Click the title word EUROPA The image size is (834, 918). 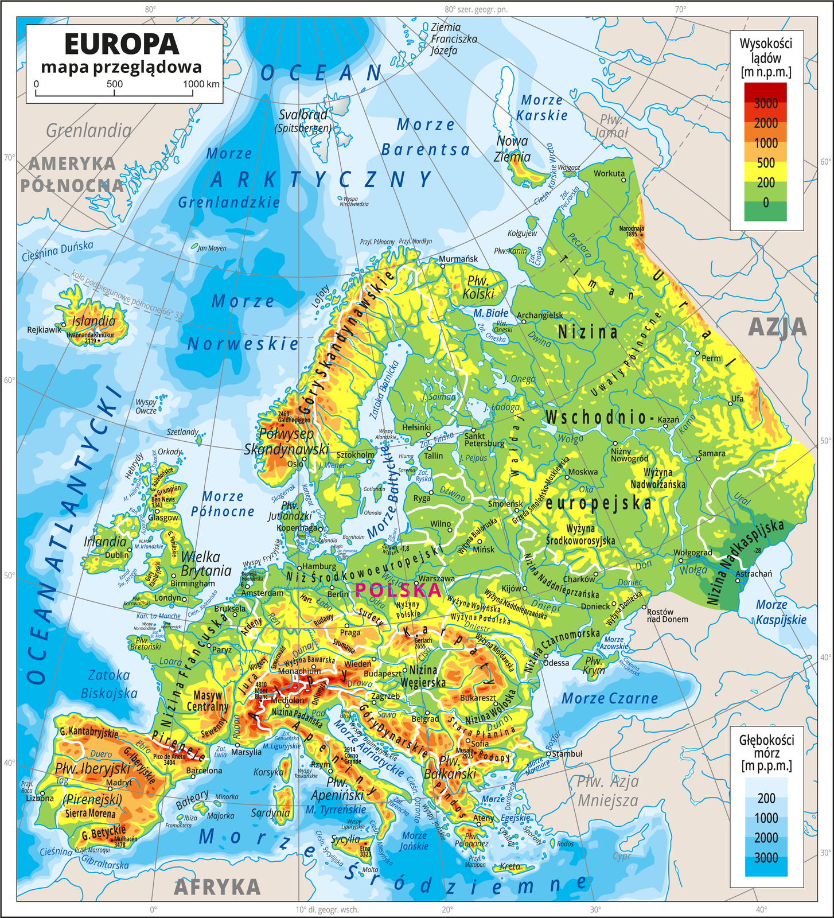point(122,44)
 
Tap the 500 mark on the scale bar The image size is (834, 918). point(115,84)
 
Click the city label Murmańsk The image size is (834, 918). point(458,258)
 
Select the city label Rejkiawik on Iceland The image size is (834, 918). point(44,330)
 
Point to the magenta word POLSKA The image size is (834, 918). point(398,590)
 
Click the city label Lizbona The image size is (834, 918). point(40,798)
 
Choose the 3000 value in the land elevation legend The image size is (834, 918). point(766,103)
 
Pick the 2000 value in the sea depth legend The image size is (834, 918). point(766,838)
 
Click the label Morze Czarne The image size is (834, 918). point(609,698)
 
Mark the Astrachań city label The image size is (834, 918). point(754,573)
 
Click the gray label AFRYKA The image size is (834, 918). point(217,887)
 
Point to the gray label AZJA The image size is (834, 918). point(777,327)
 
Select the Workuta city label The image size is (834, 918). point(609,173)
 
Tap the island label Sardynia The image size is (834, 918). point(270,812)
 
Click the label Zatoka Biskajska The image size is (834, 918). point(109,684)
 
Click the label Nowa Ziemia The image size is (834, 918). point(512,149)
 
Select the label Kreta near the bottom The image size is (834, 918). point(510,866)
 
